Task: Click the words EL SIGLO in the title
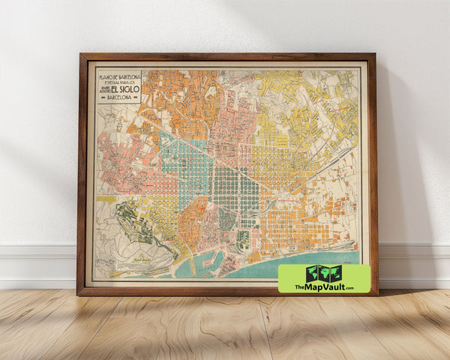[124, 86]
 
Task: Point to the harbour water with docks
[206, 262]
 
